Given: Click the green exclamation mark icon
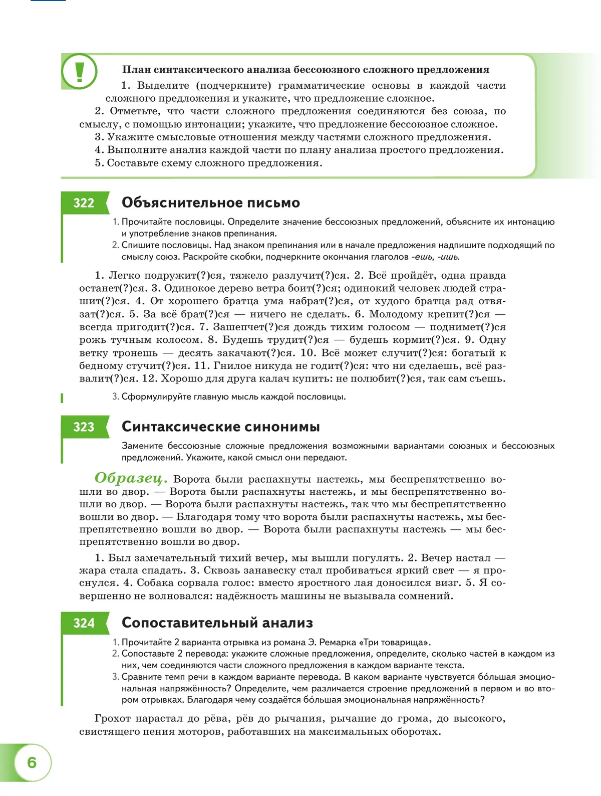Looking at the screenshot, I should [79, 72].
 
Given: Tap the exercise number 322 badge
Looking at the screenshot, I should [84, 203].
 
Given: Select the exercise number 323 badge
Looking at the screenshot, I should [84, 427].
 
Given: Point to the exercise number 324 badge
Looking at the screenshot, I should [84, 623].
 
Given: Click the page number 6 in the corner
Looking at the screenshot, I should [32, 762].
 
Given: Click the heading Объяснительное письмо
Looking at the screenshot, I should [210, 203].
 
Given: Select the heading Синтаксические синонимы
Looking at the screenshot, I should [220, 427].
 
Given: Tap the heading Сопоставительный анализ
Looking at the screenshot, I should [217, 623].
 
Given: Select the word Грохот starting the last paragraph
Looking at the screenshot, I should [112, 718].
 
